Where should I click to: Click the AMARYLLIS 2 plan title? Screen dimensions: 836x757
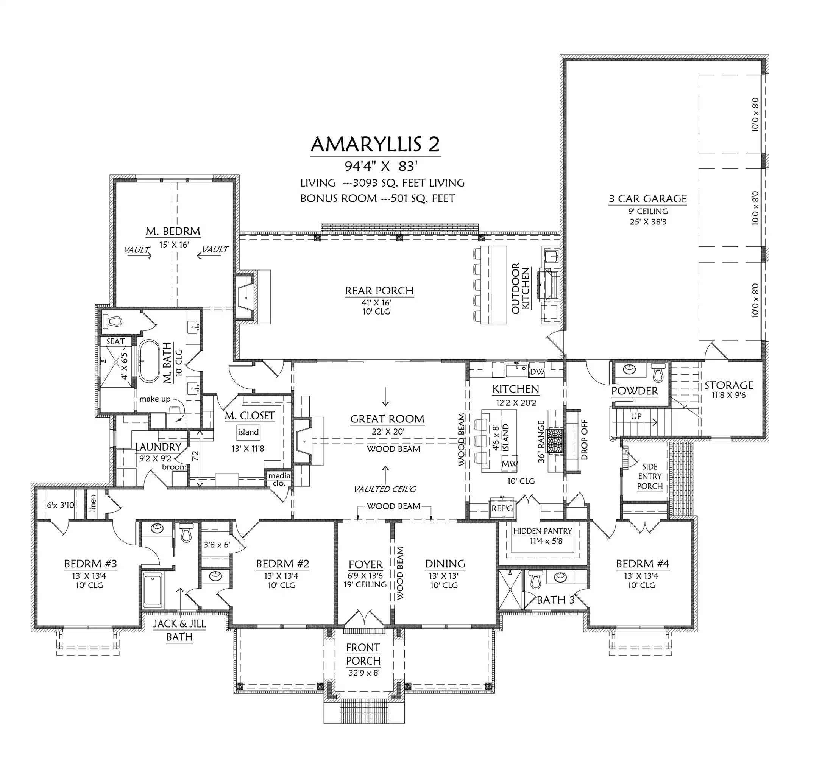(x=375, y=144)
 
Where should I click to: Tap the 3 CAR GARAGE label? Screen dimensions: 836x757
(x=648, y=199)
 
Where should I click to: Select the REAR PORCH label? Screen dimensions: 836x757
(x=379, y=291)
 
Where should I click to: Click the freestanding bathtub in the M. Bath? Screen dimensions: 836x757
(x=148, y=361)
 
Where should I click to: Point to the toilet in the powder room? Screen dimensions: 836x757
(x=658, y=372)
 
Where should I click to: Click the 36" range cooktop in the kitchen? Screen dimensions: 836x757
(x=554, y=441)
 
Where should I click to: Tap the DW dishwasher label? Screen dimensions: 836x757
(x=537, y=371)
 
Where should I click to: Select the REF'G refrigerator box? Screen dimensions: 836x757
(x=502, y=508)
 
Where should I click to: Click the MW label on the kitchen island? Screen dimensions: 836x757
(x=509, y=464)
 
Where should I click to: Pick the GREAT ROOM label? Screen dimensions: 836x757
(x=387, y=419)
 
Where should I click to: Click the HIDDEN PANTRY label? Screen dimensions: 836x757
(x=543, y=531)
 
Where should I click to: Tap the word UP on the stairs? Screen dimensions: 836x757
(x=636, y=416)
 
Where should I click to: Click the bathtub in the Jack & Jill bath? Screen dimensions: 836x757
(x=153, y=590)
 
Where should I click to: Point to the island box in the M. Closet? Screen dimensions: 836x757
(x=248, y=432)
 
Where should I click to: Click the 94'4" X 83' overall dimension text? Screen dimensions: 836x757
(x=381, y=166)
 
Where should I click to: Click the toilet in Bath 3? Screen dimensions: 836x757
(x=535, y=579)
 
